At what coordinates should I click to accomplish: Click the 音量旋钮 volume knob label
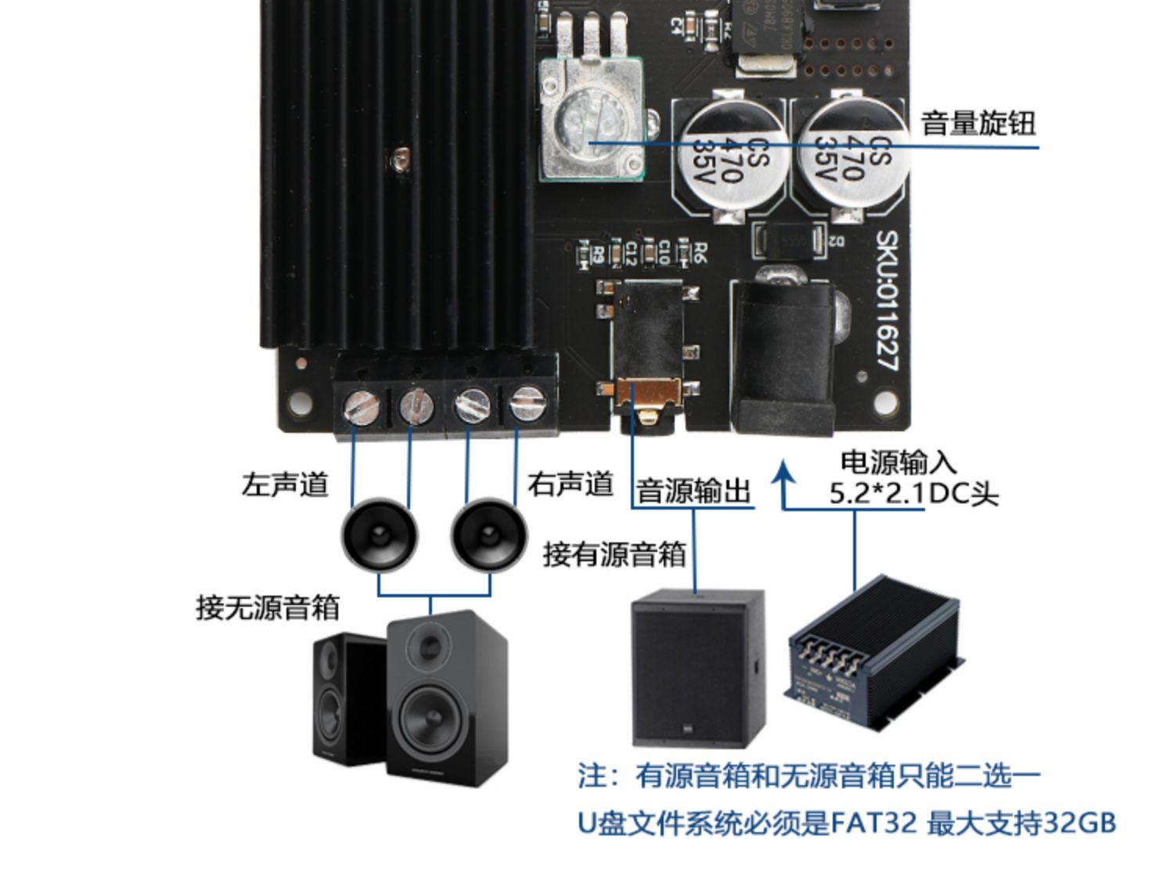(978, 124)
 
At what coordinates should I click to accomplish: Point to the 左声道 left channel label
(285, 485)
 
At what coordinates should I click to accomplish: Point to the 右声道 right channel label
(570, 484)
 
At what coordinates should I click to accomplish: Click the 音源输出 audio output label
(693, 492)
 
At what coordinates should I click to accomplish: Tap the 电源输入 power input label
(899, 462)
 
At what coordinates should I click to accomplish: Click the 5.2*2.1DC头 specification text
(913, 494)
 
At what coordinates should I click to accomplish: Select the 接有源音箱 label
(614, 554)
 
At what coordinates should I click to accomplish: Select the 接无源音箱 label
(268, 607)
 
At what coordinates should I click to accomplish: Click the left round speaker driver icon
(380, 536)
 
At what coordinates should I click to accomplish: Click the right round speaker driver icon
(488, 536)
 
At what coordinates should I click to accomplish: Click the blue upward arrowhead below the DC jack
(783, 474)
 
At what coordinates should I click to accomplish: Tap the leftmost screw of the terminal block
(362, 406)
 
